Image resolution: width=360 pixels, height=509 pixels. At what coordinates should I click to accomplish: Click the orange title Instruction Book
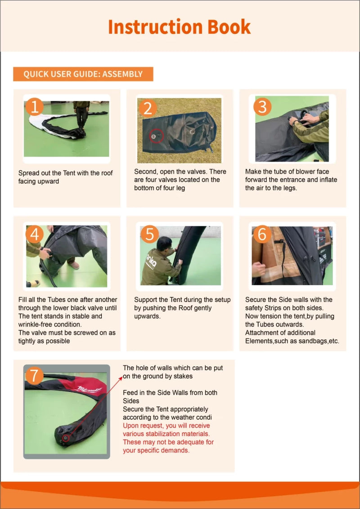point(179,27)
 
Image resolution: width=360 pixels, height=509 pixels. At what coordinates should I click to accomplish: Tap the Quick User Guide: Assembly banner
point(83,74)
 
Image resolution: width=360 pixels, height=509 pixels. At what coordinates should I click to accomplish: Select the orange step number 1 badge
point(34,106)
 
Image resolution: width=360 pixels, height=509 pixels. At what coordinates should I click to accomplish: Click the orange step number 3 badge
point(262,107)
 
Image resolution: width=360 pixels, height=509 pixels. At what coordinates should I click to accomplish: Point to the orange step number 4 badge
point(34,234)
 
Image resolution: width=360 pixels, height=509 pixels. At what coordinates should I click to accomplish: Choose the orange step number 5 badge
point(150,234)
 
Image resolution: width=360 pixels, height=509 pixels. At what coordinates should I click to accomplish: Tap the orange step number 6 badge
point(262,234)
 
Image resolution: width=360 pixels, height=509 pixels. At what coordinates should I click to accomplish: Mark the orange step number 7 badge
point(34,376)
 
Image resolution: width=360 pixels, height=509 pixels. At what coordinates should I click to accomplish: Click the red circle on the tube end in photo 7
point(66,438)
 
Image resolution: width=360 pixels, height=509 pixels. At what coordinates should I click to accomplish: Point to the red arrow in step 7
point(94,407)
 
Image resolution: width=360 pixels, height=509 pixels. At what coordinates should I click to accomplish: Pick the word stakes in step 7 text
point(184,376)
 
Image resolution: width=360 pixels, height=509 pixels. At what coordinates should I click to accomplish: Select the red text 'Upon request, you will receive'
point(166,426)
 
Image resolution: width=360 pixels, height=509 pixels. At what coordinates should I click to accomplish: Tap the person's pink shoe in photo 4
point(74,265)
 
